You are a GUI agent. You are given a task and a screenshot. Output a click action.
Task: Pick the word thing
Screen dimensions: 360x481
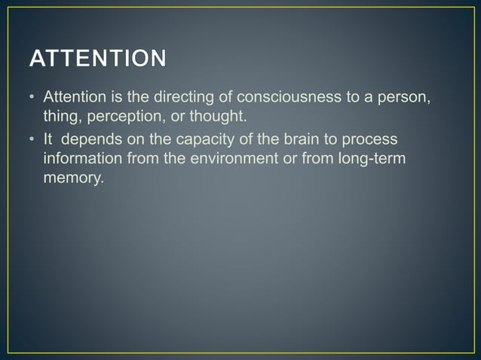click(x=60, y=116)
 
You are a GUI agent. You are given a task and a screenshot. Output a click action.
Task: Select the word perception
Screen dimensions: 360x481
click(x=122, y=116)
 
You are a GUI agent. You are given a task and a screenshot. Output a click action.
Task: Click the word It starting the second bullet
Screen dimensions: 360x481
click(x=48, y=140)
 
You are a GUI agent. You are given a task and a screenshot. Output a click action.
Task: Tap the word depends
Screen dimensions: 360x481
click(x=96, y=141)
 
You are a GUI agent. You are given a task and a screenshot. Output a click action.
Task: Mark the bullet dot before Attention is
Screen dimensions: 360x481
click(x=32, y=99)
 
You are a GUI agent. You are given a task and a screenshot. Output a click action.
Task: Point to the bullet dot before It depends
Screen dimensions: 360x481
click(x=32, y=141)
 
